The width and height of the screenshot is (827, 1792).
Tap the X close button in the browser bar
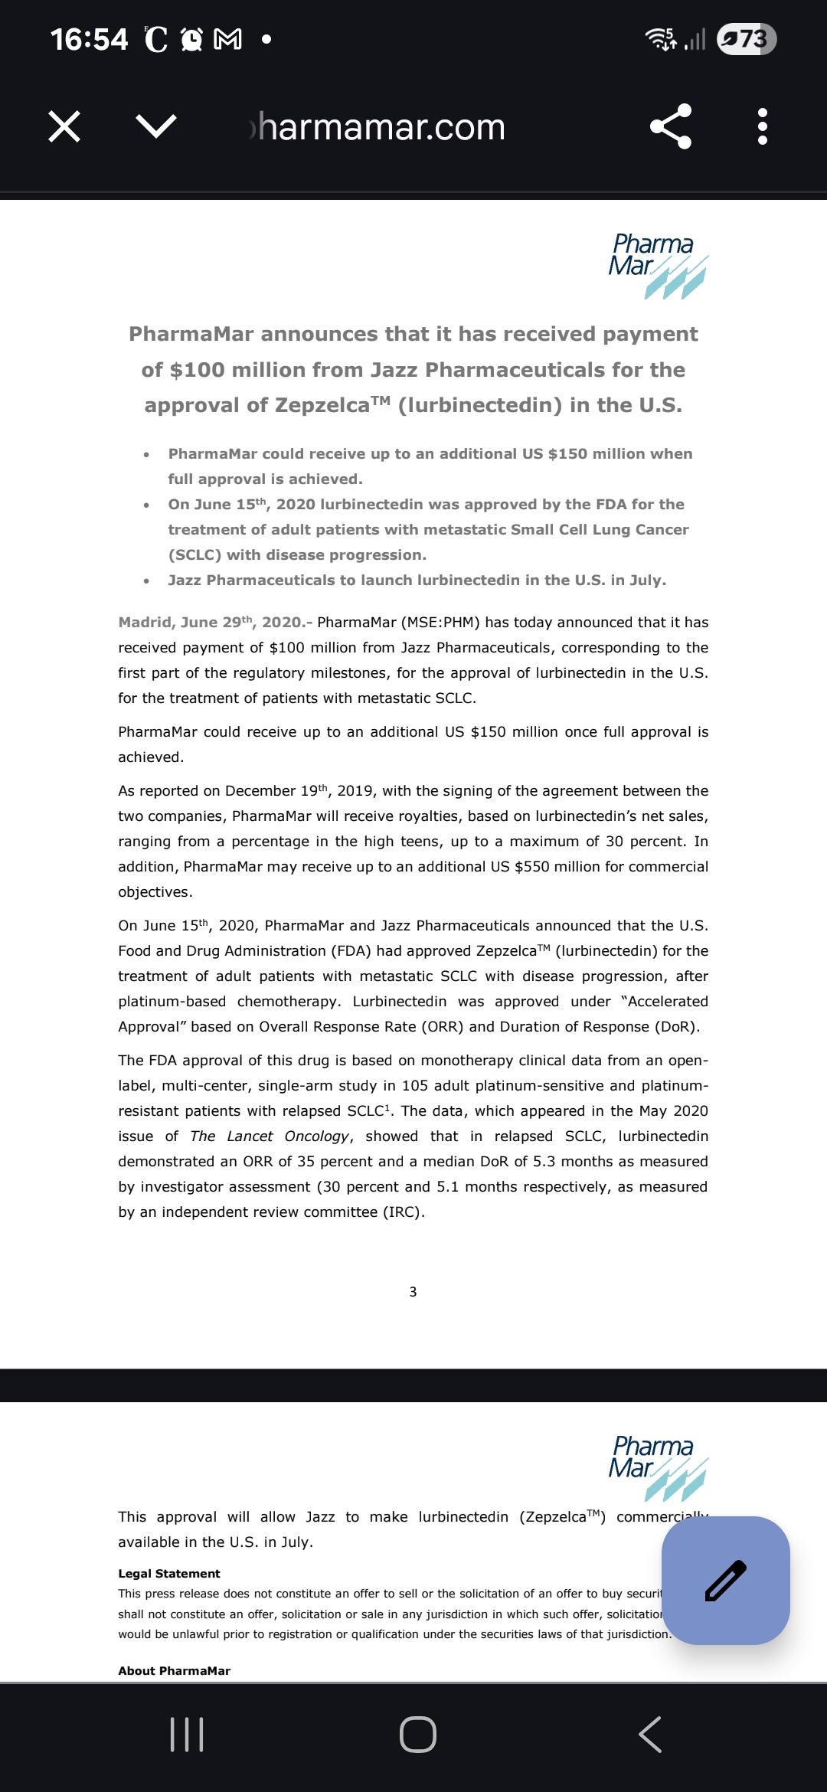(64, 126)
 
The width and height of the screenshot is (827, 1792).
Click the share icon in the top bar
(671, 126)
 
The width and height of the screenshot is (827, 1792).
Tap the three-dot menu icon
(762, 126)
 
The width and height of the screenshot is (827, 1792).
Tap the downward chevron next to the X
(156, 126)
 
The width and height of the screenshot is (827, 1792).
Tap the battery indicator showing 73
(747, 39)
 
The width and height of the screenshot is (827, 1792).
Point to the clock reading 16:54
(89, 39)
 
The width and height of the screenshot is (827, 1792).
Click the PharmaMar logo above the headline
(657, 265)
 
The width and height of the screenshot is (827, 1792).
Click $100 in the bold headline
(197, 370)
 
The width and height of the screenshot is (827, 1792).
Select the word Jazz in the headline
(395, 370)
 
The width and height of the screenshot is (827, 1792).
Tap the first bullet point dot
(146, 455)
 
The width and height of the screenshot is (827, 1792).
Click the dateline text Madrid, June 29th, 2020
(211, 623)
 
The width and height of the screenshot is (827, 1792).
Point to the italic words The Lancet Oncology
(270, 1136)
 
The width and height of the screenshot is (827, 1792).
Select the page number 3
(413, 1292)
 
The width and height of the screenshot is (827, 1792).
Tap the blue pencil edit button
(725, 1581)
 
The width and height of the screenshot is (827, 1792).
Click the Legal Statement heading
(169, 1574)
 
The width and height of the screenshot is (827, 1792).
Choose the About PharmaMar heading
(175, 1671)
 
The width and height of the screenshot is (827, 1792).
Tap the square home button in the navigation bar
(418, 1735)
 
